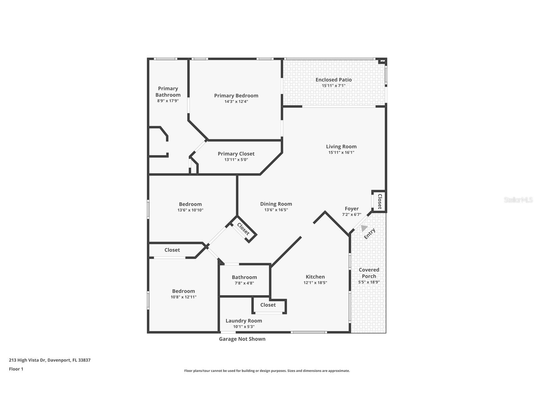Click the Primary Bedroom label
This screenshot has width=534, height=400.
pyautogui.click(x=236, y=96)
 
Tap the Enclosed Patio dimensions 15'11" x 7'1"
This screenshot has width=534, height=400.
pyautogui.click(x=334, y=86)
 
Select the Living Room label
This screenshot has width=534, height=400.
pyautogui.click(x=341, y=147)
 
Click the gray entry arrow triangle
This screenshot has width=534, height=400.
pyautogui.click(x=364, y=228)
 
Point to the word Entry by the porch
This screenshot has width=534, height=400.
pyautogui.click(x=370, y=234)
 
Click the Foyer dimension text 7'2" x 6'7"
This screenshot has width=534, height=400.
pyautogui.click(x=351, y=214)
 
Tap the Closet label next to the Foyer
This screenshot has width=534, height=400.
pyautogui.click(x=380, y=202)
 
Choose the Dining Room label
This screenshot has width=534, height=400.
pyautogui.click(x=276, y=204)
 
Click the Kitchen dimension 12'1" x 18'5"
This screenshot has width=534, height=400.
pyautogui.click(x=315, y=282)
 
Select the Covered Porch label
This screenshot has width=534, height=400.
pyautogui.click(x=369, y=273)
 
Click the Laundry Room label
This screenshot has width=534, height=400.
pyautogui.click(x=244, y=321)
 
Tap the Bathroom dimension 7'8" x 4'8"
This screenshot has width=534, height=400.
pyautogui.click(x=244, y=283)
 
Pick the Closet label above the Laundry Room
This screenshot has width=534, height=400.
pyautogui.click(x=268, y=305)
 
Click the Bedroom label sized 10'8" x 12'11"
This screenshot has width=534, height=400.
pyautogui.click(x=183, y=291)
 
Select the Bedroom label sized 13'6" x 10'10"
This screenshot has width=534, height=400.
pyautogui.click(x=190, y=204)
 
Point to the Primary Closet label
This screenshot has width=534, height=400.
pyautogui.click(x=236, y=154)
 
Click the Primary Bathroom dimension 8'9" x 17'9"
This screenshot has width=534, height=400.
pyautogui.click(x=168, y=101)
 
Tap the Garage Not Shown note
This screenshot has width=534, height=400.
pyautogui.click(x=242, y=339)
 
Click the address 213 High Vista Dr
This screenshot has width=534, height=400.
pyautogui.click(x=50, y=360)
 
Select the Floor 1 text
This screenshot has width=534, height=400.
pyautogui.click(x=16, y=369)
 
